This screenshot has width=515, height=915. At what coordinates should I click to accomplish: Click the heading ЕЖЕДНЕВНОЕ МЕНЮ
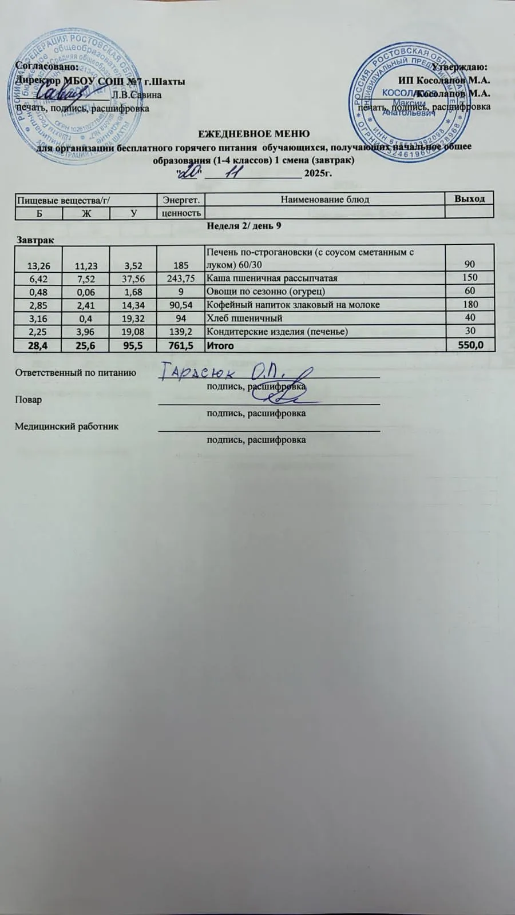pos(253,134)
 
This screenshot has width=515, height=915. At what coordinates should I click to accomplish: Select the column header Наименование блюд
pos(324,199)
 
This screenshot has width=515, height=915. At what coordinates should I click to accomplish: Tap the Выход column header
pos(469,198)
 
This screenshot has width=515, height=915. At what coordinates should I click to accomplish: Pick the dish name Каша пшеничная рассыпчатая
pos(272,278)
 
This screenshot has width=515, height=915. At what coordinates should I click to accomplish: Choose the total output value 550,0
pos(472,345)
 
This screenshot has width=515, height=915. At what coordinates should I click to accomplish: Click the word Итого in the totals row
pos(220,346)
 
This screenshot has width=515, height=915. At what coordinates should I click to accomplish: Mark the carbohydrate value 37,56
pos(133,278)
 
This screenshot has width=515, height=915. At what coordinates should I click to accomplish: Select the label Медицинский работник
pos(67,426)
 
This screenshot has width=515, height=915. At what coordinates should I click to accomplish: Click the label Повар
pos(28,399)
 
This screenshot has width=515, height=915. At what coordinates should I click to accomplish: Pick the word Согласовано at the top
pos(46,66)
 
